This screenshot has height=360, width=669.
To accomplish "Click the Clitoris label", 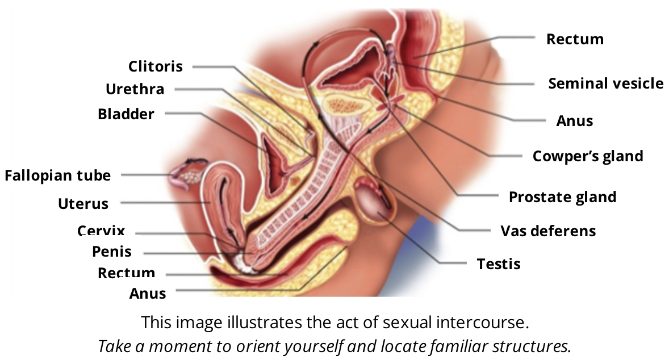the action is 156,66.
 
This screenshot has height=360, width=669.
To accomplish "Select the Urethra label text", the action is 135,89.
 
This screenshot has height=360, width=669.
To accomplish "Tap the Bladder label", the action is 126,114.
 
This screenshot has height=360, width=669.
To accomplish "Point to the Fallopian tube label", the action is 57,175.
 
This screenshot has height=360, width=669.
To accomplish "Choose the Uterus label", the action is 83,203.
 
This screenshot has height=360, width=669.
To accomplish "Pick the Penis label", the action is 112,252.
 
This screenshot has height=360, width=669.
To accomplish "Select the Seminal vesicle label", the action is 605,83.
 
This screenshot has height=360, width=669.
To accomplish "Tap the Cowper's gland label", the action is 587,156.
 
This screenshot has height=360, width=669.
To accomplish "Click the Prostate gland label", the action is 562,197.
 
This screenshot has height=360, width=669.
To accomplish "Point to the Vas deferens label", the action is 547,231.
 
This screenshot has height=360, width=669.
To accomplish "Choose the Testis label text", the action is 499,264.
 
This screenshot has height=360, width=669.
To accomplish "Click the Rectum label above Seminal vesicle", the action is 575,39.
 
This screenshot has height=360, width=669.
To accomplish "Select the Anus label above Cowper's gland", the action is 574,121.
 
